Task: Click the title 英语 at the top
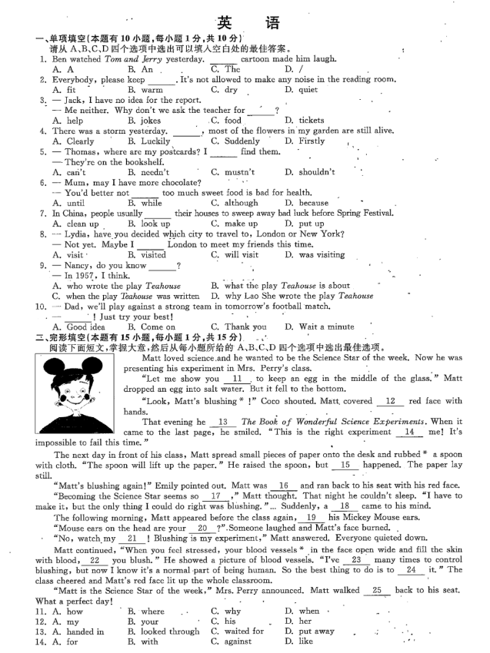(x=244, y=22)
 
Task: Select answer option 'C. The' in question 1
(x=225, y=69)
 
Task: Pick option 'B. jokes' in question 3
(x=144, y=121)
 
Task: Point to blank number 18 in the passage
(x=345, y=506)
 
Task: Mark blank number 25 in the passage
(x=376, y=590)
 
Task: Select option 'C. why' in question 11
(x=225, y=612)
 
